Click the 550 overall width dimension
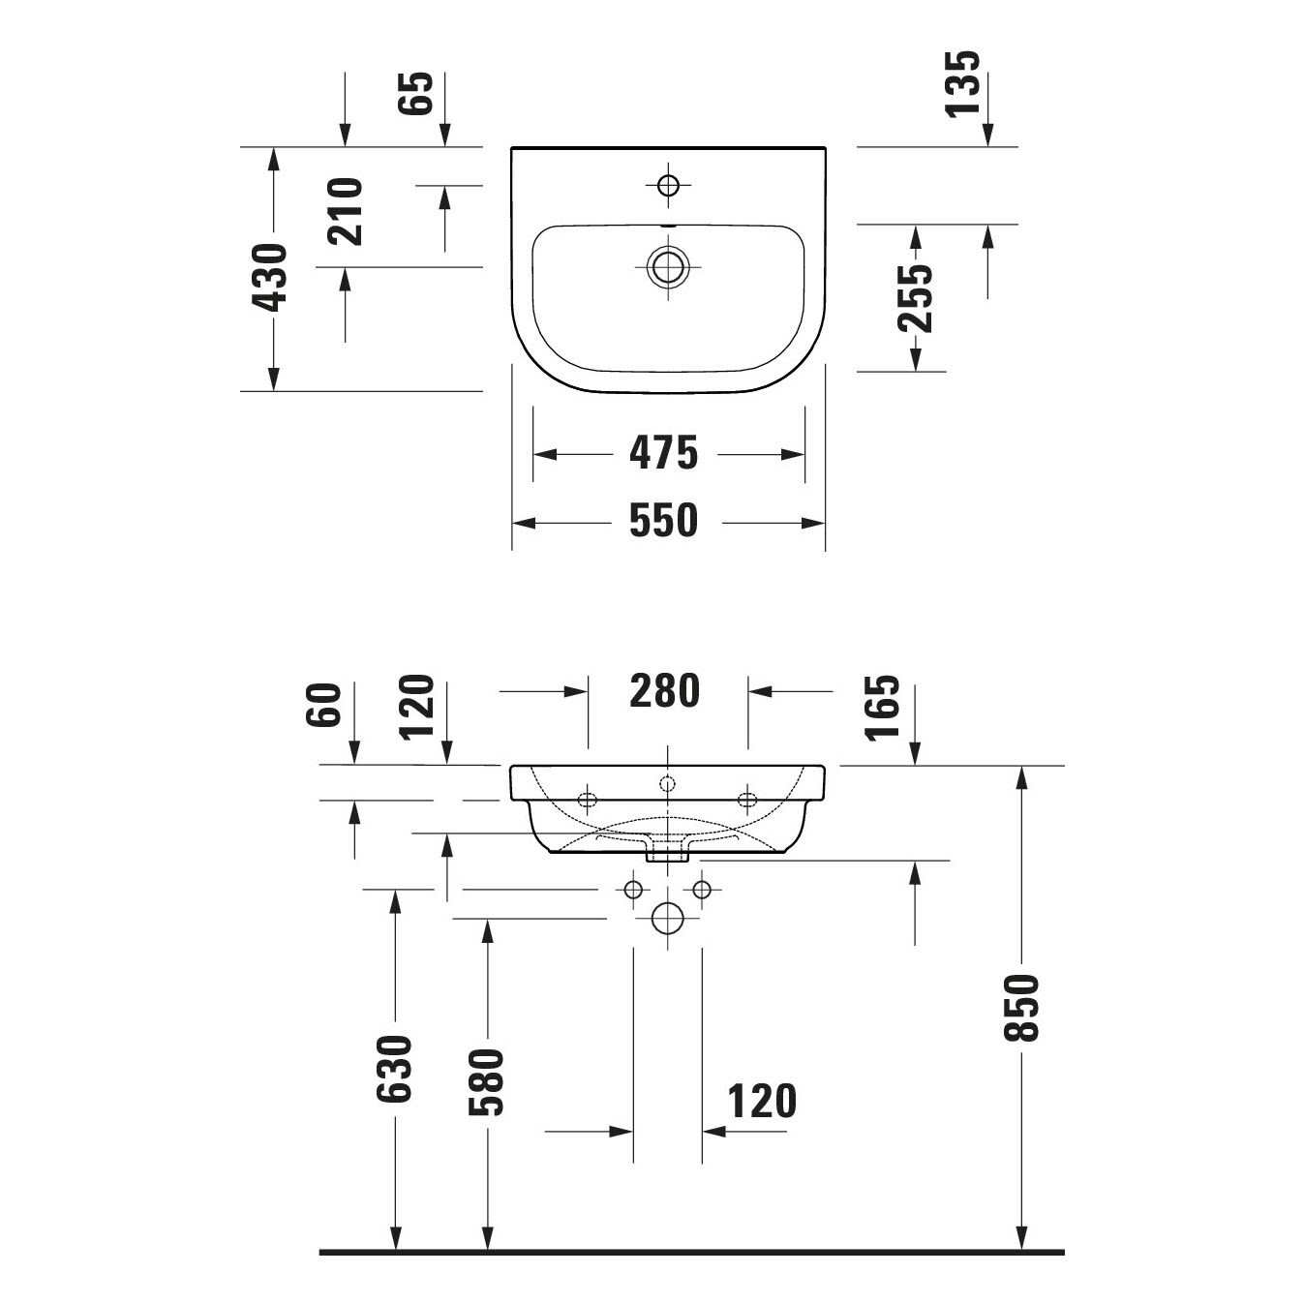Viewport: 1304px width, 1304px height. click(x=663, y=521)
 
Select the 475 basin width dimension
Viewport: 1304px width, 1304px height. click(x=663, y=453)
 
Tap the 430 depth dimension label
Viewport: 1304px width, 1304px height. click(x=270, y=278)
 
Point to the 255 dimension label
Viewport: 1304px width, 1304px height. click(x=915, y=298)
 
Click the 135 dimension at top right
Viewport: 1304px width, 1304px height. click(x=962, y=84)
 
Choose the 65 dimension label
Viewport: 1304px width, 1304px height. click(x=414, y=93)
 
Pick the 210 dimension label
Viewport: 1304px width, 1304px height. click(x=345, y=211)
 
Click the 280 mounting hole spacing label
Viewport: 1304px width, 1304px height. click(x=664, y=691)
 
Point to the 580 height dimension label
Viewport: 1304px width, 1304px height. click(x=487, y=1082)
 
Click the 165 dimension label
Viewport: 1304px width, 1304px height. click(x=883, y=707)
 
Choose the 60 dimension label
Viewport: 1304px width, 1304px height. click(x=322, y=705)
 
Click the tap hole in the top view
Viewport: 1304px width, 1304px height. click(x=668, y=185)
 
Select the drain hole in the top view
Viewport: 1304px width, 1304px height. click(x=668, y=266)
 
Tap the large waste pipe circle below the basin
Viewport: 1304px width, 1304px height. click(x=667, y=919)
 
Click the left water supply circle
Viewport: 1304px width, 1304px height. click(x=633, y=890)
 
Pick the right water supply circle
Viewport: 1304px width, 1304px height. click(x=702, y=890)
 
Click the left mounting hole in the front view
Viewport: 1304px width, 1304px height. click(x=588, y=800)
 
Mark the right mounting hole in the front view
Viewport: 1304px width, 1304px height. click(x=747, y=800)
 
